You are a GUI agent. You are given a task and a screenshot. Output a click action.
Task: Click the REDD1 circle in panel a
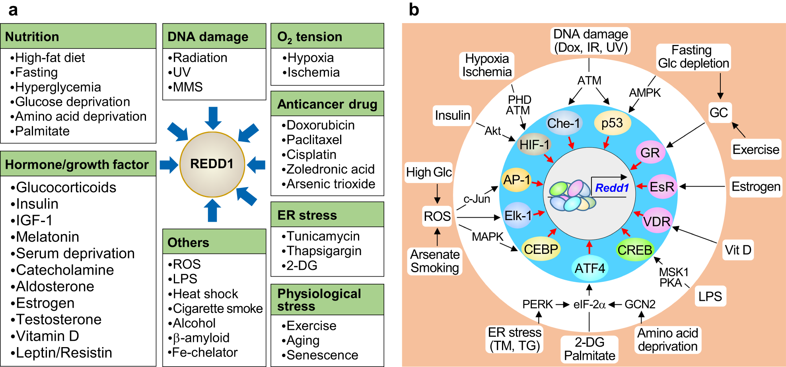click(212, 164)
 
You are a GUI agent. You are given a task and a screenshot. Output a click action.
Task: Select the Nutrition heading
click(32, 37)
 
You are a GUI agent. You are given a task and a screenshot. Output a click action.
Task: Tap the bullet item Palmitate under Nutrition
click(42, 131)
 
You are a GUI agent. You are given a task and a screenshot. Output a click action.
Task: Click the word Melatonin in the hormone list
click(47, 237)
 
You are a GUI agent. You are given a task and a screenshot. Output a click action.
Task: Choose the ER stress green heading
click(307, 215)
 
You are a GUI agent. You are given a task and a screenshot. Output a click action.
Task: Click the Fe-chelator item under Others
click(205, 352)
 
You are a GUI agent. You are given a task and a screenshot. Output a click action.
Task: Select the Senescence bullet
click(322, 355)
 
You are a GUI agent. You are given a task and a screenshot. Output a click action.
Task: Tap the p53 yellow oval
click(612, 123)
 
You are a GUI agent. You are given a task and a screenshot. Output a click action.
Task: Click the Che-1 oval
click(564, 123)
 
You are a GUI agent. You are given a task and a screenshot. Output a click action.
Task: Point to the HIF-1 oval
click(534, 144)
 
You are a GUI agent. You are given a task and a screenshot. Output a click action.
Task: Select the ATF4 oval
click(589, 268)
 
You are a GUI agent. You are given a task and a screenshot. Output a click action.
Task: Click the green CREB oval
click(634, 250)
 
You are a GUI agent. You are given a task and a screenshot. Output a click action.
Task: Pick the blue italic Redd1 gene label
click(612, 188)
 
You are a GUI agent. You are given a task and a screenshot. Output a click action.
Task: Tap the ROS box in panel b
click(437, 216)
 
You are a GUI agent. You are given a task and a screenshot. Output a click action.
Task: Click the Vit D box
click(738, 250)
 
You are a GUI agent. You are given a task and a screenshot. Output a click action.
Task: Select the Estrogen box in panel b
click(756, 186)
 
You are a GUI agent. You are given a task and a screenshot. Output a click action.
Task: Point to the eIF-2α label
click(589, 305)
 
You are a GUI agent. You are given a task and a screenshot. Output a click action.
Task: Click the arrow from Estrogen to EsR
click(702, 186)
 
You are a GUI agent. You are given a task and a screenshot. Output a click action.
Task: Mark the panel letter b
click(414, 10)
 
